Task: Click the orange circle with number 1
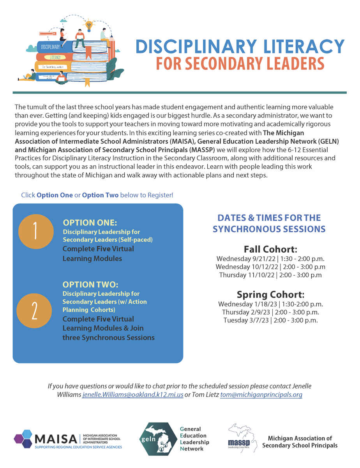click(x=35, y=232)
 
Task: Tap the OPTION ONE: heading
click(x=90, y=223)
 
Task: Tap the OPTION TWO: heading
click(x=90, y=285)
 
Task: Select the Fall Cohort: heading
click(x=270, y=249)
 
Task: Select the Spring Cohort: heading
click(x=270, y=294)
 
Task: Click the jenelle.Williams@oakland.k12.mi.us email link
click(x=133, y=395)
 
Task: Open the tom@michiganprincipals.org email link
click(x=261, y=395)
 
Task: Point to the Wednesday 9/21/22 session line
click(x=270, y=259)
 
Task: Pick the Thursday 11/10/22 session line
click(x=270, y=275)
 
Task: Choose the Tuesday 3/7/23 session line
click(x=270, y=320)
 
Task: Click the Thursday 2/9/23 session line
click(x=270, y=312)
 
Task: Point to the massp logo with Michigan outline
click(x=242, y=439)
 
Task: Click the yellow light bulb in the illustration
click(x=90, y=25)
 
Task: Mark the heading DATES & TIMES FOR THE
click(x=269, y=218)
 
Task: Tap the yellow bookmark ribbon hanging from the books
click(x=87, y=82)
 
